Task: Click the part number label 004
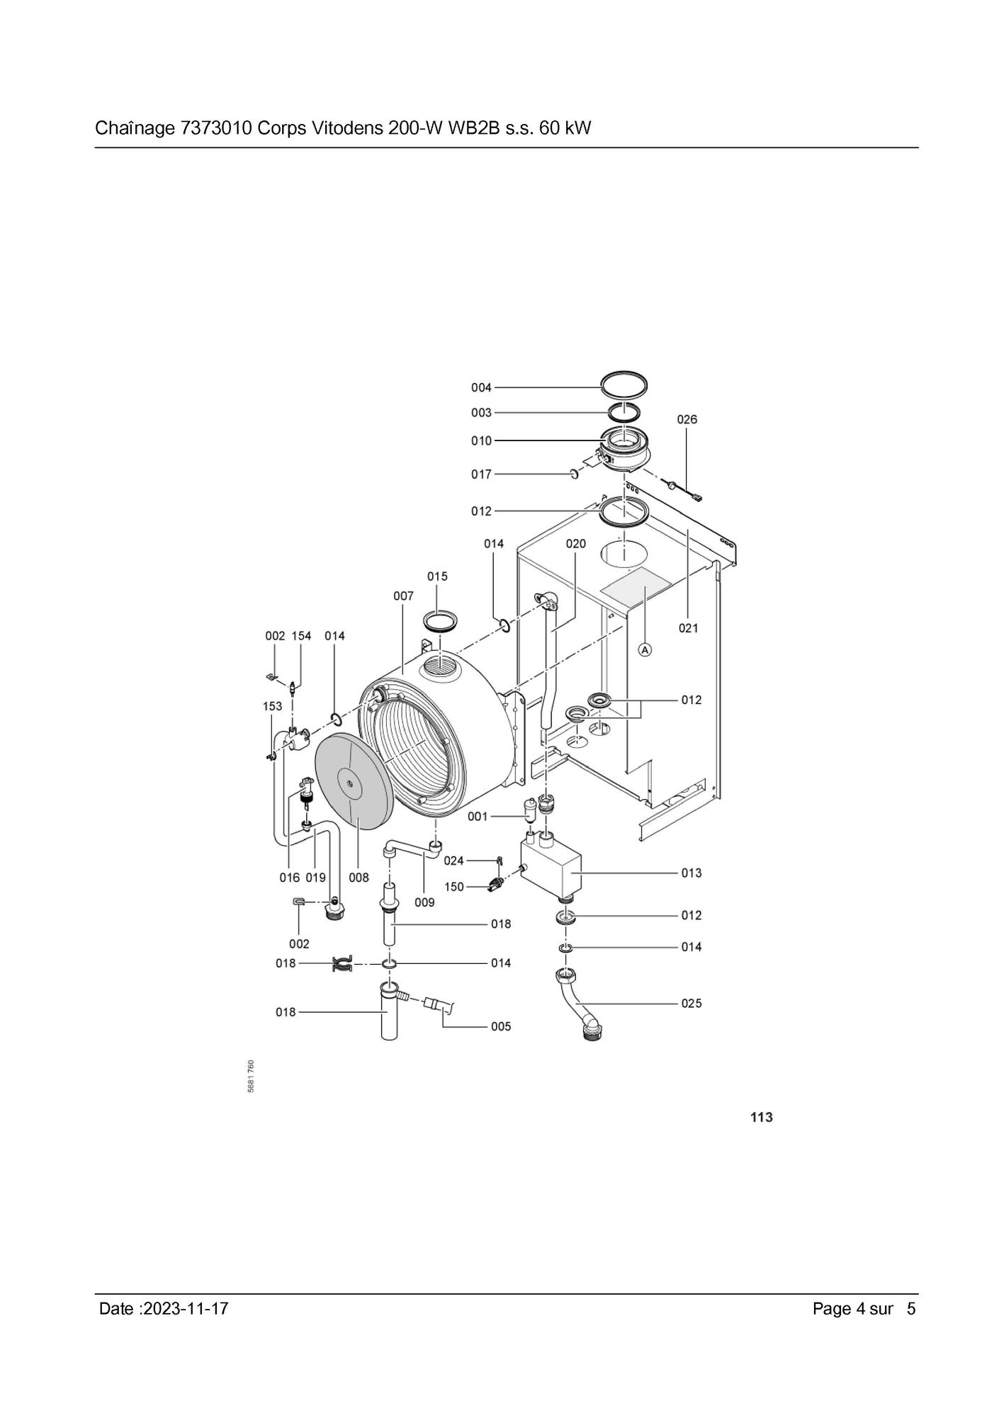click(x=481, y=387)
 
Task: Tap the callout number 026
click(x=687, y=419)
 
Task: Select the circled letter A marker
click(x=645, y=649)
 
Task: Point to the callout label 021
click(x=688, y=628)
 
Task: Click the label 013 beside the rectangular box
click(x=692, y=873)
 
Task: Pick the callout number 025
click(x=692, y=1003)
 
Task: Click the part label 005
click(x=501, y=1026)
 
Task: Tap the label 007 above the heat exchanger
click(x=403, y=596)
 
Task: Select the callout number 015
click(x=437, y=577)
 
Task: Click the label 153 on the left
click(x=272, y=706)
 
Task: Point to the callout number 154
click(x=301, y=636)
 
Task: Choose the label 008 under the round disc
click(x=359, y=878)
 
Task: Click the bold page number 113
click(x=762, y=1117)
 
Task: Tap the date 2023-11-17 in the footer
click(x=186, y=1308)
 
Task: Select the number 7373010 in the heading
click(x=218, y=128)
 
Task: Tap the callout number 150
click(x=454, y=887)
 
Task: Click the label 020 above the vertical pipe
click(x=575, y=543)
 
